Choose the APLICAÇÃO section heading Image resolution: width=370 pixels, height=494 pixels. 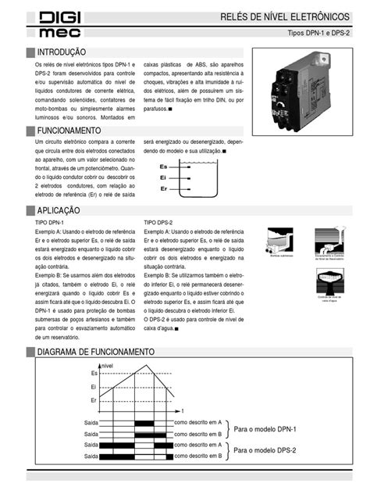coord(59,211)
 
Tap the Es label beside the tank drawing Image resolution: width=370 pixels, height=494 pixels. coord(162,167)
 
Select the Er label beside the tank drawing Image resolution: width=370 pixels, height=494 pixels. coord(162,189)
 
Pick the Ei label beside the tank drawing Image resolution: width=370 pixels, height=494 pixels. coord(162,178)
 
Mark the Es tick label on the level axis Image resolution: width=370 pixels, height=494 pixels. coord(94,374)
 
